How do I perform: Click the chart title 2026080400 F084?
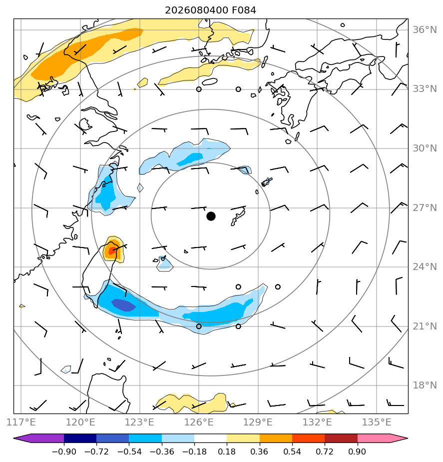pos(210,10)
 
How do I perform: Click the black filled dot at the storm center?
pos(211,216)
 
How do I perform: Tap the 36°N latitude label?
pos(425,30)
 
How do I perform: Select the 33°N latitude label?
pos(425,88)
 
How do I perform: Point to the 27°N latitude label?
pos(425,207)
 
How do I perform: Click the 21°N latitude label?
pos(425,326)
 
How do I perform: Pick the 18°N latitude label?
pos(425,385)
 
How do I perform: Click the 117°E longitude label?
pos(21,422)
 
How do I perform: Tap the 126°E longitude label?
pos(199,422)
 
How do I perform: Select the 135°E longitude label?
pos(377,422)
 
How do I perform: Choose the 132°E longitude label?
pos(317,422)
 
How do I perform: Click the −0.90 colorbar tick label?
pos(64,451)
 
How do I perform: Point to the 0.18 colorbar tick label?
pos(227,451)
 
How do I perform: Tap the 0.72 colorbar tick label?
pos(324,451)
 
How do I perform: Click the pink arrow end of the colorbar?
pos(383,438)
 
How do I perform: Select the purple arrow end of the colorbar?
pos(38,438)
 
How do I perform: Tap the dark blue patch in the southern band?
pos(123,305)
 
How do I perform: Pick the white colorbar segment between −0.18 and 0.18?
pos(210,438)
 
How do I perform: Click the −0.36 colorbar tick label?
pos(162,451)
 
